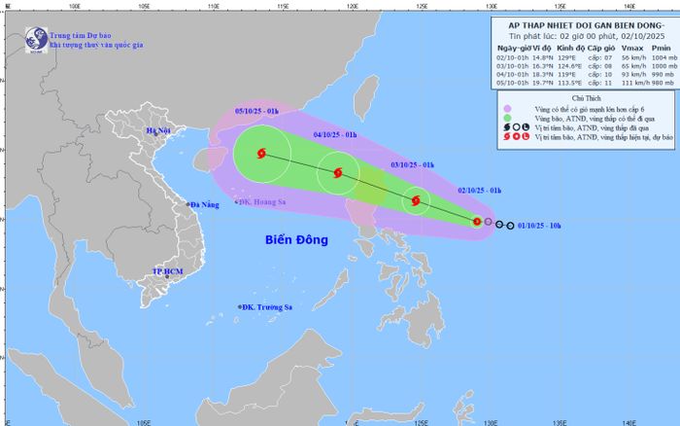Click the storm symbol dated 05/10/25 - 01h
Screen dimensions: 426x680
pos(261,153)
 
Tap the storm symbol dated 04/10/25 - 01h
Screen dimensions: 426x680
pos(337,174)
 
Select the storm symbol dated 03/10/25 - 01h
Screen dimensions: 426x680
pos(416,201)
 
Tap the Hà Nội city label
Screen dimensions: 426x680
pos(156,130)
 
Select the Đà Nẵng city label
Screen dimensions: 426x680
pos(207,204)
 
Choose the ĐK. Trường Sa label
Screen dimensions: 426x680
pos(268,307)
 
